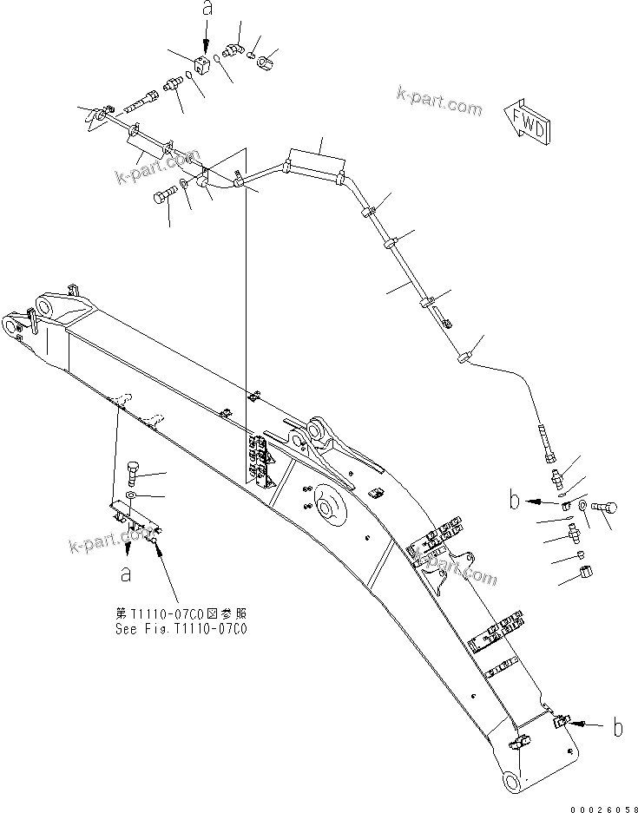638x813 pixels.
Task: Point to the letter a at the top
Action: point(206,10)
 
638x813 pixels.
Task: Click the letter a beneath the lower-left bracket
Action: point(127,573)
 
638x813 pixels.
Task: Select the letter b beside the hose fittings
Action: point(516,501)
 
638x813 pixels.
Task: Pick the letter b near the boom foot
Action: point(617,728)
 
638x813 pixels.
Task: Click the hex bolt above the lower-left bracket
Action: point(132,473)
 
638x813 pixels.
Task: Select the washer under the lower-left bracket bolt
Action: point(130,495)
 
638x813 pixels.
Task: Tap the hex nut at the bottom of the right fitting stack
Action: point(585,573)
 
